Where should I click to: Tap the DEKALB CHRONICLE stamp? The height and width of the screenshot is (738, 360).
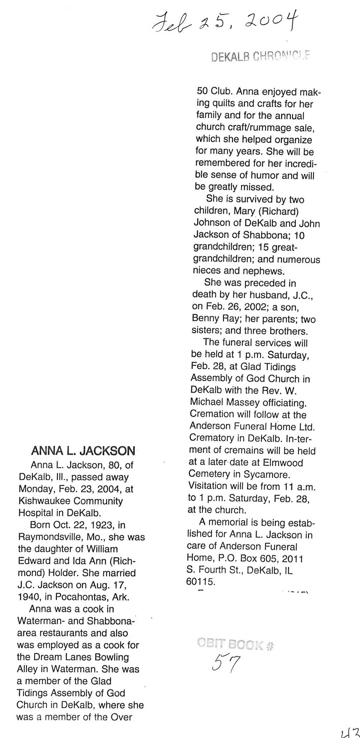tap(260, 56)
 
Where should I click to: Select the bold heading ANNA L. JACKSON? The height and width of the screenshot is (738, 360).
tap(83, 451)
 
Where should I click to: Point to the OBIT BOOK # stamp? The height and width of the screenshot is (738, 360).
tap(235, 644)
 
